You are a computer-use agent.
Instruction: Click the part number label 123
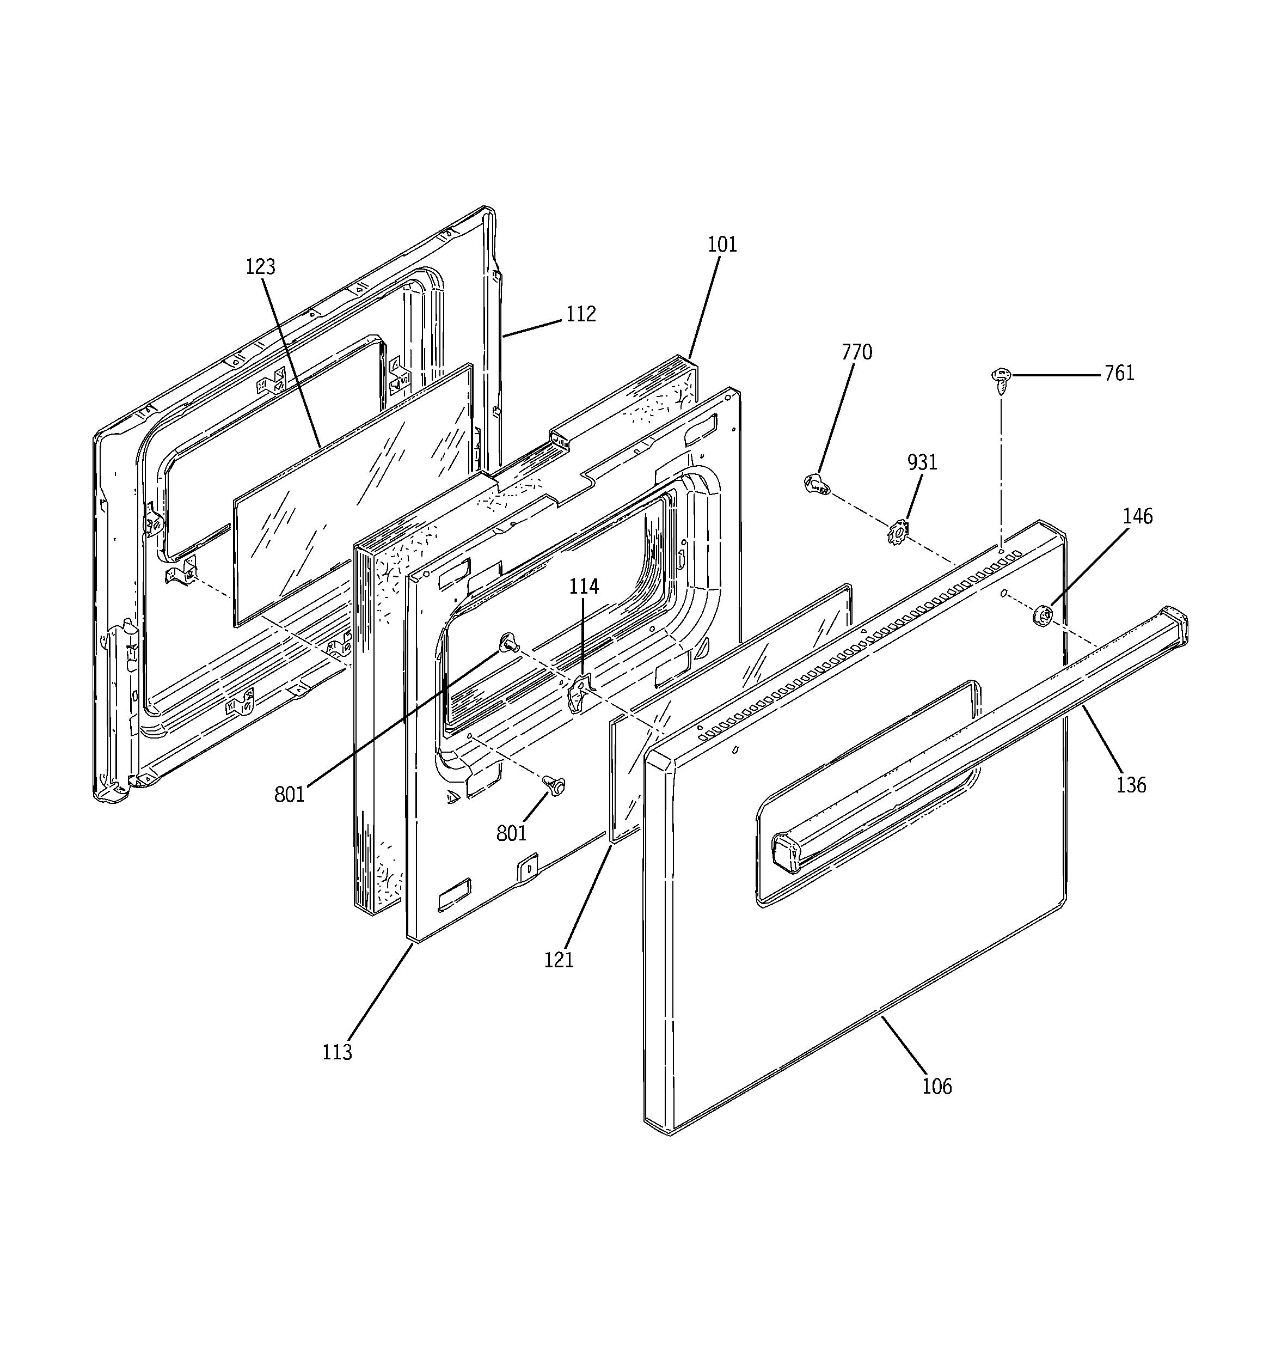[x=260, y=267]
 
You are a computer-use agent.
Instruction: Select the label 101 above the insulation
[x=722, y=245]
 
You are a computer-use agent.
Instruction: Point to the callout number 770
[x=857, y=352]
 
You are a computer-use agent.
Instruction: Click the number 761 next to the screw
[x=1119, y=374]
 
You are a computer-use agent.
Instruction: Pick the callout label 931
[x=922, y=462]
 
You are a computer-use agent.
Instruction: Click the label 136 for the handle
[x=1131, y=785]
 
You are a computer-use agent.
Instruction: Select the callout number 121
[x=559, y=960]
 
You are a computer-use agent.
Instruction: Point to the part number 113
[x=337, y=1052]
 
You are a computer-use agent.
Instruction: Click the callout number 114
[x=584, y=587]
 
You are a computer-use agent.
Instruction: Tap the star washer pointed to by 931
[x=897, y=532]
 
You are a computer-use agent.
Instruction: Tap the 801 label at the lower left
[x=290, y=794]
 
